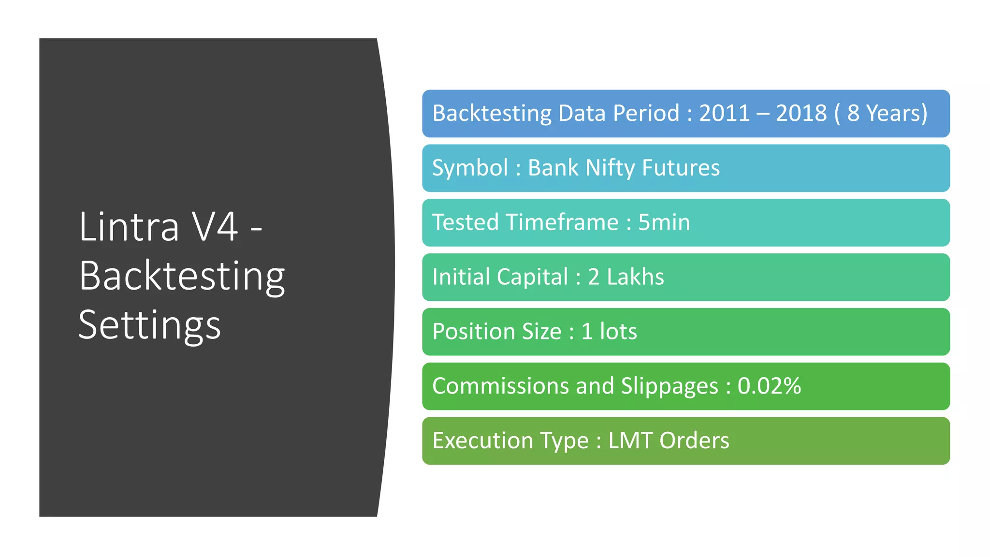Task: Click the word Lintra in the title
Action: (129, 227)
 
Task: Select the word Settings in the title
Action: (149, 325)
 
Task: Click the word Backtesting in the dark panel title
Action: (182, 276)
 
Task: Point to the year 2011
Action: (724, 114)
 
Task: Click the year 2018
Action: (801, 114)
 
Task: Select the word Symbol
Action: (470, 168)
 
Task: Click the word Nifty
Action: (610, 168)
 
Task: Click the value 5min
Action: (664, 223)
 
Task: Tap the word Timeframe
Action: (562, 223)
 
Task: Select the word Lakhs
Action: (635, 278)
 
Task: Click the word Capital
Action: (532, 278)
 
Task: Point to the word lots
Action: (618, 332)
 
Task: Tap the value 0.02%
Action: (769, 386)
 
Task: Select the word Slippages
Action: (670, 386)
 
